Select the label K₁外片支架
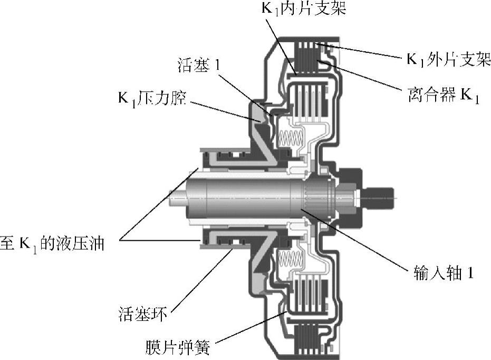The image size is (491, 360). tap(448, 59)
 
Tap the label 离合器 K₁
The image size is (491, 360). tap(444, 94)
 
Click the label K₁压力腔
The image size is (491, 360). tap(152, 98)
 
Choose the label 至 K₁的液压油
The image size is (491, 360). tap(52, 243)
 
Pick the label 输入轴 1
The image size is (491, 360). tap(443, 273)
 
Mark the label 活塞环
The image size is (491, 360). tap(143, 314)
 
